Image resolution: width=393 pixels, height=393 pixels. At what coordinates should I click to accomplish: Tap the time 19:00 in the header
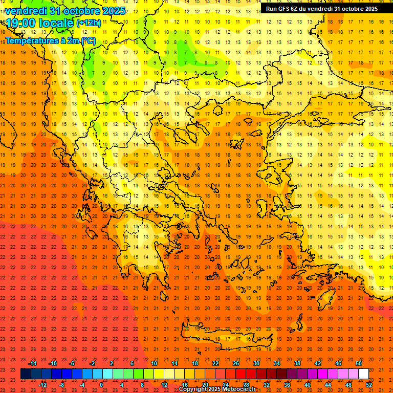(21, 23)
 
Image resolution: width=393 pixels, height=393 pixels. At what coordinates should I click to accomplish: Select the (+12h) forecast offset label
(89, 23)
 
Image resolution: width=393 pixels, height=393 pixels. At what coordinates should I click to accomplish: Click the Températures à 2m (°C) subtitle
(50, 40)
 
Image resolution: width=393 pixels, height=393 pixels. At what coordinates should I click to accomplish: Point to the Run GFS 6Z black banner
(321, 8)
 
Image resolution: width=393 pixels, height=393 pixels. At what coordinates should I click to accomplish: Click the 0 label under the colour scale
(101, 384)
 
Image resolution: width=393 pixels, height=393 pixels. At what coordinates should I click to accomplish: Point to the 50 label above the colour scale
(359, 363)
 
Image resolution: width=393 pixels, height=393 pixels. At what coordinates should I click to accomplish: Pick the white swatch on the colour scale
(364, 374)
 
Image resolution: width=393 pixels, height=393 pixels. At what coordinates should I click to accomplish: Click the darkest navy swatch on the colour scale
(26, 374)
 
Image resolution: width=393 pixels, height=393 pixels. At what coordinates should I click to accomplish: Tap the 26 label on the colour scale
(236, 363)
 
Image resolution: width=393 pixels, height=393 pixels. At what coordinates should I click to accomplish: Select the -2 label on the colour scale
(92, 363)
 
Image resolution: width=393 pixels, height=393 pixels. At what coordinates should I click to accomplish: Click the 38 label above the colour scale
(297, 363)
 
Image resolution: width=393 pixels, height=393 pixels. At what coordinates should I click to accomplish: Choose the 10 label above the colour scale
(154, 363)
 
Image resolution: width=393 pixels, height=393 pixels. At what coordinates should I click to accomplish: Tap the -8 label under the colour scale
(62, 384)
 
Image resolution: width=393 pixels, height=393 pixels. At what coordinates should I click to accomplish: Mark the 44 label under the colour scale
(328, 384)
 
